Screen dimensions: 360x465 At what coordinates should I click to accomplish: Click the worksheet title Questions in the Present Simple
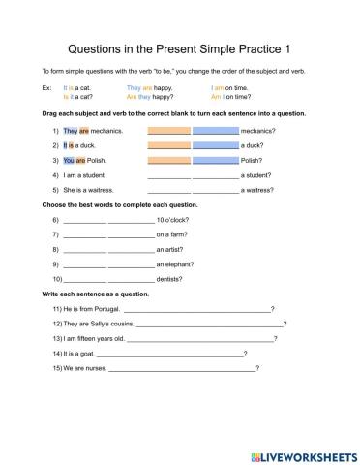179,47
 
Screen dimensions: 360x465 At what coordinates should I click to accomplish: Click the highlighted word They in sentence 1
70,130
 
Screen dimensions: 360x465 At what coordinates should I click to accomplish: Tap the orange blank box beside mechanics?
169,130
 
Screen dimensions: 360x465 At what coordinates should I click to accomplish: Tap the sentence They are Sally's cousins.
97,324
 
